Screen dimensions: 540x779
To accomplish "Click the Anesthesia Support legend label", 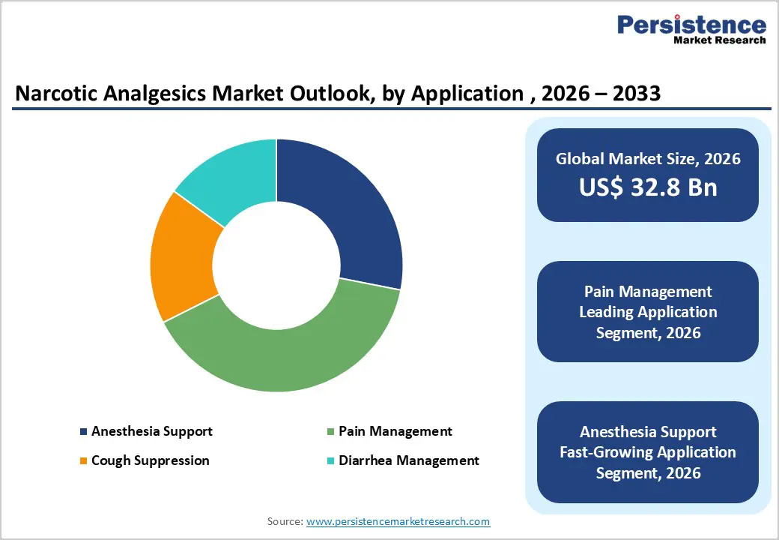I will [151, 431].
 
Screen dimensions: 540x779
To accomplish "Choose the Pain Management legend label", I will [395, 431].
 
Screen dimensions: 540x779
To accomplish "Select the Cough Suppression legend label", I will [150, 460].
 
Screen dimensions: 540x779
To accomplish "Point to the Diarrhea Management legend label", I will [408, 460].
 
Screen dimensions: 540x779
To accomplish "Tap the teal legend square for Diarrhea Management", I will [331, 460].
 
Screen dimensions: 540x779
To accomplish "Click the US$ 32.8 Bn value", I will [648, 187].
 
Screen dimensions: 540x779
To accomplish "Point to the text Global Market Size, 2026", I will [648, 158].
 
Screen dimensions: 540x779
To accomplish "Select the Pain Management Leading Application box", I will [648, 311].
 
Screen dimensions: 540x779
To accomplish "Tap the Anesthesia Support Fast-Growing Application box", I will [648, 452].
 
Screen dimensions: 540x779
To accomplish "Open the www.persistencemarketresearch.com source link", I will [398, 520].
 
